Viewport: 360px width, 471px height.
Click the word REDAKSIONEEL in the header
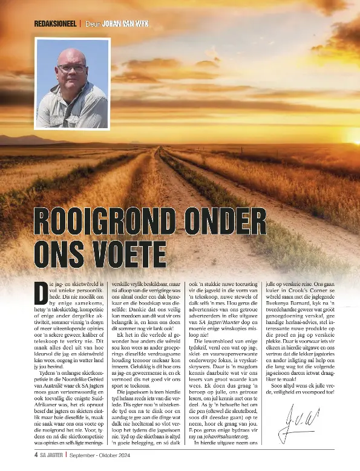tap(55, 24)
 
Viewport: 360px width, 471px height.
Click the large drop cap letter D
tap(41, 294)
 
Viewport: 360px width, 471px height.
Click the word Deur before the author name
tap(91, 24)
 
